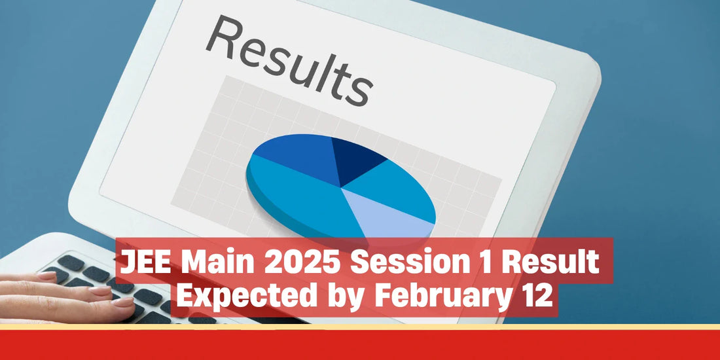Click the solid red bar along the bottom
(x=360, y=345)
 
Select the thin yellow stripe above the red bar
(x=360, y=327)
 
